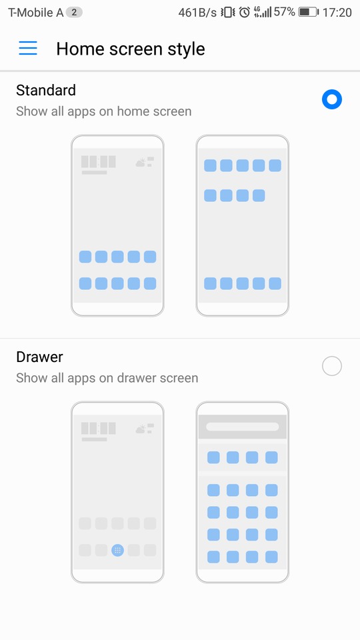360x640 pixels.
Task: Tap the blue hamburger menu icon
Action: click(x=28, y=48)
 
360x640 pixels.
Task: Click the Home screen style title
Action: click(x=131, y=49)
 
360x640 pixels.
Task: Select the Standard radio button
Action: click(x=332, y=99)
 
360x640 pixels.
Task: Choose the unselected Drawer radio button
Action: click(x=332, y=366)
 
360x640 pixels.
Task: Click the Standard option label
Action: click(x=46, y=90)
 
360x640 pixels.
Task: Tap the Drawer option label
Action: click(x=39, y=357)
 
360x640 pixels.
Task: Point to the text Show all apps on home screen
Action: click(x=104, y=111)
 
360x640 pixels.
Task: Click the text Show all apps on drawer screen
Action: click(x=107, y=378)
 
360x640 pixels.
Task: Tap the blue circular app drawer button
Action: click(x=117, y=550)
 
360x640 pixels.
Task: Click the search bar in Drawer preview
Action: click(x=243, y=427)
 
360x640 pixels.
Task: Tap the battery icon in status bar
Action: click(x=309, y=12)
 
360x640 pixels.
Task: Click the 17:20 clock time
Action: click(x=337, y=13)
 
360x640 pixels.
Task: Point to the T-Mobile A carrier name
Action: click(x=36, y=13)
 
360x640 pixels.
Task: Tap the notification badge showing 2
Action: click(x=74, y=12)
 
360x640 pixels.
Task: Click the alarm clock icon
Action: click(x=245, y=12)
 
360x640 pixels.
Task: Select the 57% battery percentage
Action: click(x=284, y=12)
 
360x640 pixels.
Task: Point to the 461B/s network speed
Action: click(x=197, y=13)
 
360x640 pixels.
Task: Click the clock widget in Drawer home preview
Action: click(x=99, y=428)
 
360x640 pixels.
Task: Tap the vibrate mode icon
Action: click(x=228, y=12)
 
